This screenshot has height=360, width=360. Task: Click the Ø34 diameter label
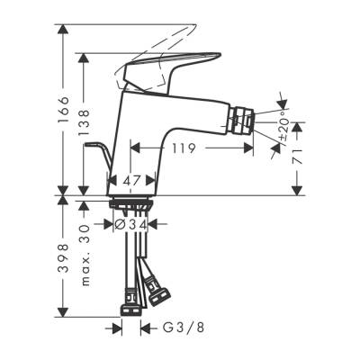tap(132, 222)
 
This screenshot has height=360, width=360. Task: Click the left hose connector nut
tap(130, 296)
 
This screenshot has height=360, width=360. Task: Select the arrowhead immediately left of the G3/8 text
tap(144, 329)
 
